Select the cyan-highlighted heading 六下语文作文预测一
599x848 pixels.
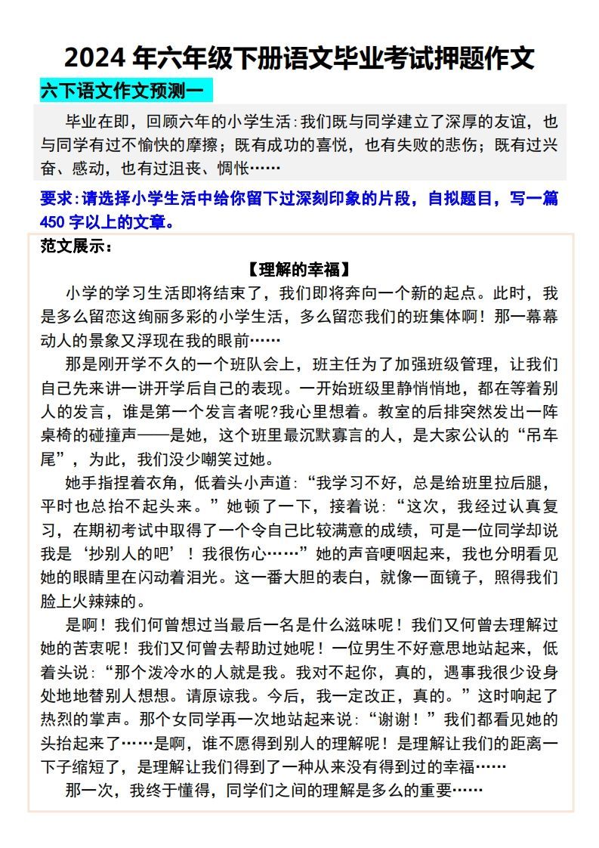pyautogui.click(x=122, y=91)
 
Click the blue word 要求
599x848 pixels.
pyautogui.click(x=55, y=200)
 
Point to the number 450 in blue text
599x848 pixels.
pyautogui.click(x=54, y=222)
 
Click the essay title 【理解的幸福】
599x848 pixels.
pyautogui.click(x=299, y=270)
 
